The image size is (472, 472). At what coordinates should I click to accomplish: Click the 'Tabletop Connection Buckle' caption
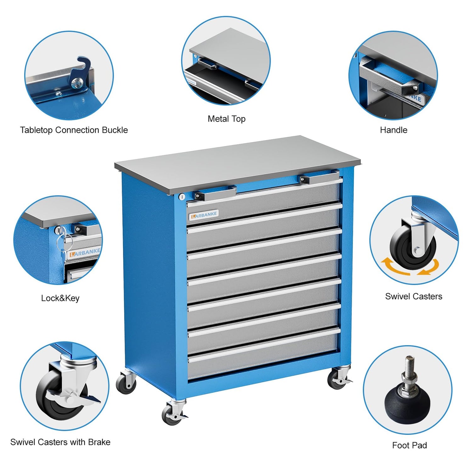(74, 130)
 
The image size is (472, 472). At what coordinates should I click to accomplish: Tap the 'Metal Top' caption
(227, 119)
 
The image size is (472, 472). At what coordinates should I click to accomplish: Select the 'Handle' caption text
(393, 130)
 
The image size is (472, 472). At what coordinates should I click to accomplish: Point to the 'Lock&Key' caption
(60, 298)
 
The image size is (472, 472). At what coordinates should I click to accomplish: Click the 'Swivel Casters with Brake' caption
(60, 442)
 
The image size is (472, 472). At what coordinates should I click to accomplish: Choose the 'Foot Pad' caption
(409, 445)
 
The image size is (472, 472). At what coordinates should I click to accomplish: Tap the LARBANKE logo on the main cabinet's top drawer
(204, 215)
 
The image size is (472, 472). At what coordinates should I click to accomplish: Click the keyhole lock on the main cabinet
(182, 197)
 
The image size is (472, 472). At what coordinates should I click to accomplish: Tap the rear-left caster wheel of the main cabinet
(126, 384)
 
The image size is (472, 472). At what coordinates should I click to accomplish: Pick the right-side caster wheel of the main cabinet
(337, 380)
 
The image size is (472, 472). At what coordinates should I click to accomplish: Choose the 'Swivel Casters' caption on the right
(413, 296)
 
